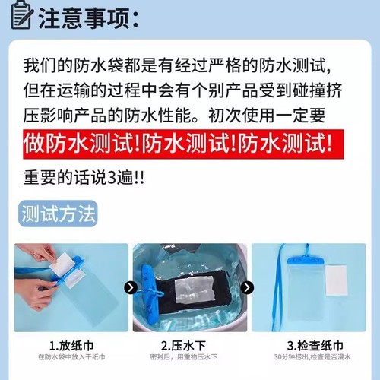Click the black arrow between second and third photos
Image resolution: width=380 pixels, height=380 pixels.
(248, 288)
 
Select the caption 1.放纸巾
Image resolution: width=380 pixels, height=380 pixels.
(71, 344)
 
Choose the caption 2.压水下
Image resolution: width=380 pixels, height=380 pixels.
(190, 344)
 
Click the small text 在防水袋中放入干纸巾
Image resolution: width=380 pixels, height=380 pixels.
(71, 356)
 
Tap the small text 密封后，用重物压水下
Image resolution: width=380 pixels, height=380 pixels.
(190, 356)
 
